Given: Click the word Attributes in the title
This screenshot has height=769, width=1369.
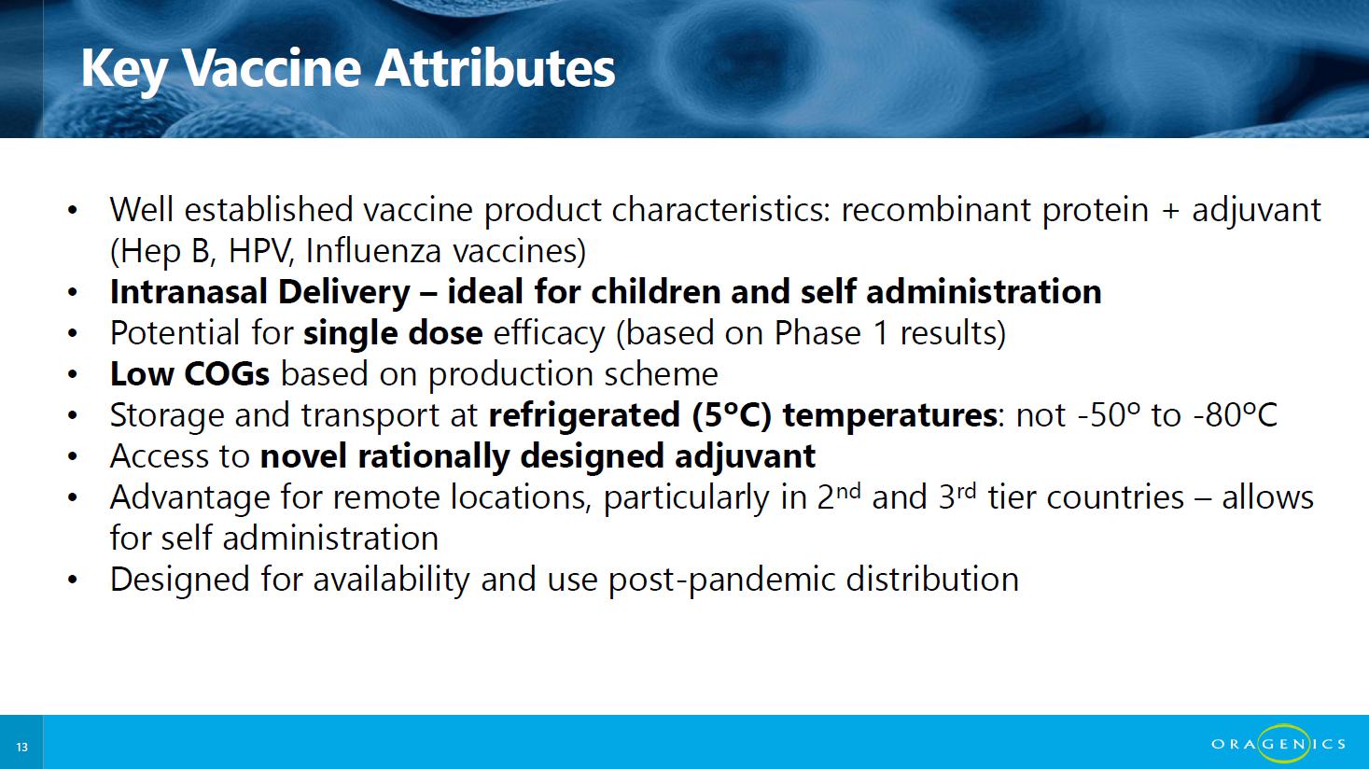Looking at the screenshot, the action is (495, 68).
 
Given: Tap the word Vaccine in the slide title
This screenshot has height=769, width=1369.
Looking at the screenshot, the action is (272, 68).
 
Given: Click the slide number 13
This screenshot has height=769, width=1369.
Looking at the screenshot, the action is (22, 747).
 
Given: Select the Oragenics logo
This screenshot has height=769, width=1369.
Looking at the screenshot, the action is (1278, 743).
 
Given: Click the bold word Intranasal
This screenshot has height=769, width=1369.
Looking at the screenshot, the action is (188, 291).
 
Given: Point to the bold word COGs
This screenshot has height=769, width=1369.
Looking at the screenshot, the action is (226, 373).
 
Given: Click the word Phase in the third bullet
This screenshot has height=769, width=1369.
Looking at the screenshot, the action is (817, 333).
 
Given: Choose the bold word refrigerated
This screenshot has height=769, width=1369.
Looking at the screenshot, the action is (584, 415).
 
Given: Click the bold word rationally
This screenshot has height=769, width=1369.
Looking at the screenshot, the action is (433, 456).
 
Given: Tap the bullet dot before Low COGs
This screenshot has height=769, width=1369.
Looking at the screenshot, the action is (73, 374).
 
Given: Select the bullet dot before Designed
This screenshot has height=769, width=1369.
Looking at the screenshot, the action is (73, 580).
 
